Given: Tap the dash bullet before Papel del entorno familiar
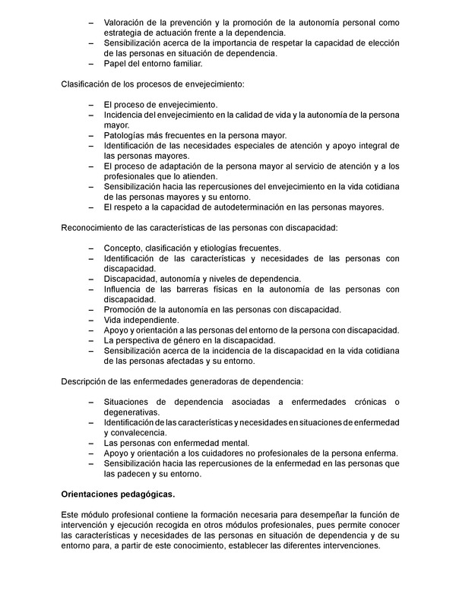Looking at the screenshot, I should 93,64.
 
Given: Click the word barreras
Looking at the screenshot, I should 196,289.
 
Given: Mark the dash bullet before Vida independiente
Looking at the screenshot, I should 93,320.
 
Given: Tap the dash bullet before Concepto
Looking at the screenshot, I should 93,248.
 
